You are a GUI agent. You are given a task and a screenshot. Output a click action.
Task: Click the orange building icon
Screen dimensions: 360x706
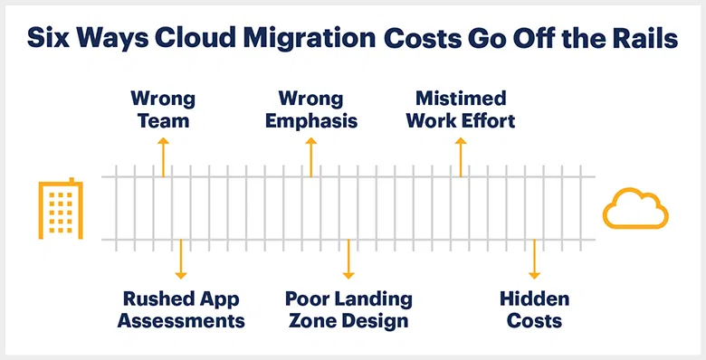click(61, 209)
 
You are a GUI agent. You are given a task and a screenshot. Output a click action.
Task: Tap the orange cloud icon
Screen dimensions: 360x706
click(635, 210)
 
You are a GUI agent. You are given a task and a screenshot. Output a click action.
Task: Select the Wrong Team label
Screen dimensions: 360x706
click(163, 109)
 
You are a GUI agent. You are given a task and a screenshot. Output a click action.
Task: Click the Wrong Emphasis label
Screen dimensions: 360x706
click(310, 109)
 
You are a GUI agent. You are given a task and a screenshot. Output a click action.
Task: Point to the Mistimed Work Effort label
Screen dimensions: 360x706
click(461, 109)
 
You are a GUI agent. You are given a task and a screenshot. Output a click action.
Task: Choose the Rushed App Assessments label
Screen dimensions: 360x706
click(181, 309)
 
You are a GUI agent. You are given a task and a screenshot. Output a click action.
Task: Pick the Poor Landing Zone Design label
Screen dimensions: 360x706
click(348, 309)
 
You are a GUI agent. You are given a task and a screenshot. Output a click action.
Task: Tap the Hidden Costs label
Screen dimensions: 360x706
click(534, 309)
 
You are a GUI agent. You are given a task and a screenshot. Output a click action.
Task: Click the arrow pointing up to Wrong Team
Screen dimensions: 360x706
click(163, 156)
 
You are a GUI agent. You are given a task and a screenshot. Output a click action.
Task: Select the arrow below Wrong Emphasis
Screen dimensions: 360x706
click(310, 156)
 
